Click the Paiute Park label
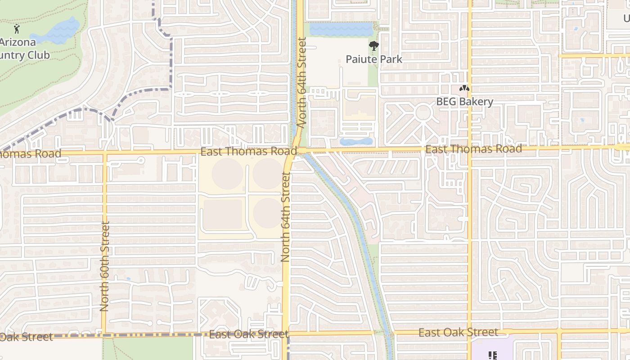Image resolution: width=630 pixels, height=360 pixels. coord(374,59)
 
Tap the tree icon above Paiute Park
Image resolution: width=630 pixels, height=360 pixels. coord(373,45)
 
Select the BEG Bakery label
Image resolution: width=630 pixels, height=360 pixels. coord(464,102)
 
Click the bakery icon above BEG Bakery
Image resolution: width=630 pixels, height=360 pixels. coord(464,89)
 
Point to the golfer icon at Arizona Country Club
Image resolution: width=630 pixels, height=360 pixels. coord(17,29)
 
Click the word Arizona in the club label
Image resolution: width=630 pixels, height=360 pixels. coord(18,43)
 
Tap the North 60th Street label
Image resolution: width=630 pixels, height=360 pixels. coord(104,266)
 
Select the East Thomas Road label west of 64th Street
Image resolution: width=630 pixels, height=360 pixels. coord(248,151)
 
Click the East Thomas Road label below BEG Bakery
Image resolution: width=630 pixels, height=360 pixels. coord(473,148)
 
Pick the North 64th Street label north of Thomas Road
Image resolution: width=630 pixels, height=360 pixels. coord(301,83)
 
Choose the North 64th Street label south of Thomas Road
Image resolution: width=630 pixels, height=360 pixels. coord(285,216)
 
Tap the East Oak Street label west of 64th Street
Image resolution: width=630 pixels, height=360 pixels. coord(248,334)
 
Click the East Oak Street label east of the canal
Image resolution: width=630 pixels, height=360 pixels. coord(458,333)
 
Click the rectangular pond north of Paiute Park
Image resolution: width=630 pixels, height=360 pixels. coord(341,30)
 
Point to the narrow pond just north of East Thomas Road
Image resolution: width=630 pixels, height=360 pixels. coord(356,141)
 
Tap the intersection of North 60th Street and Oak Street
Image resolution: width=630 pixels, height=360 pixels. coord(104,335)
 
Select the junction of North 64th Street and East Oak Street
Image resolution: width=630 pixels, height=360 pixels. coord(285,334)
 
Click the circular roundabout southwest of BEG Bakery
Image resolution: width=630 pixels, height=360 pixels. coord(423,112)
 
